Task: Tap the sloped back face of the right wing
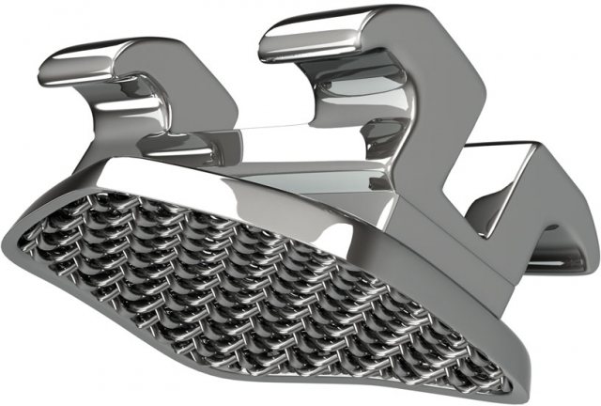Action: click(441, 113)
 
